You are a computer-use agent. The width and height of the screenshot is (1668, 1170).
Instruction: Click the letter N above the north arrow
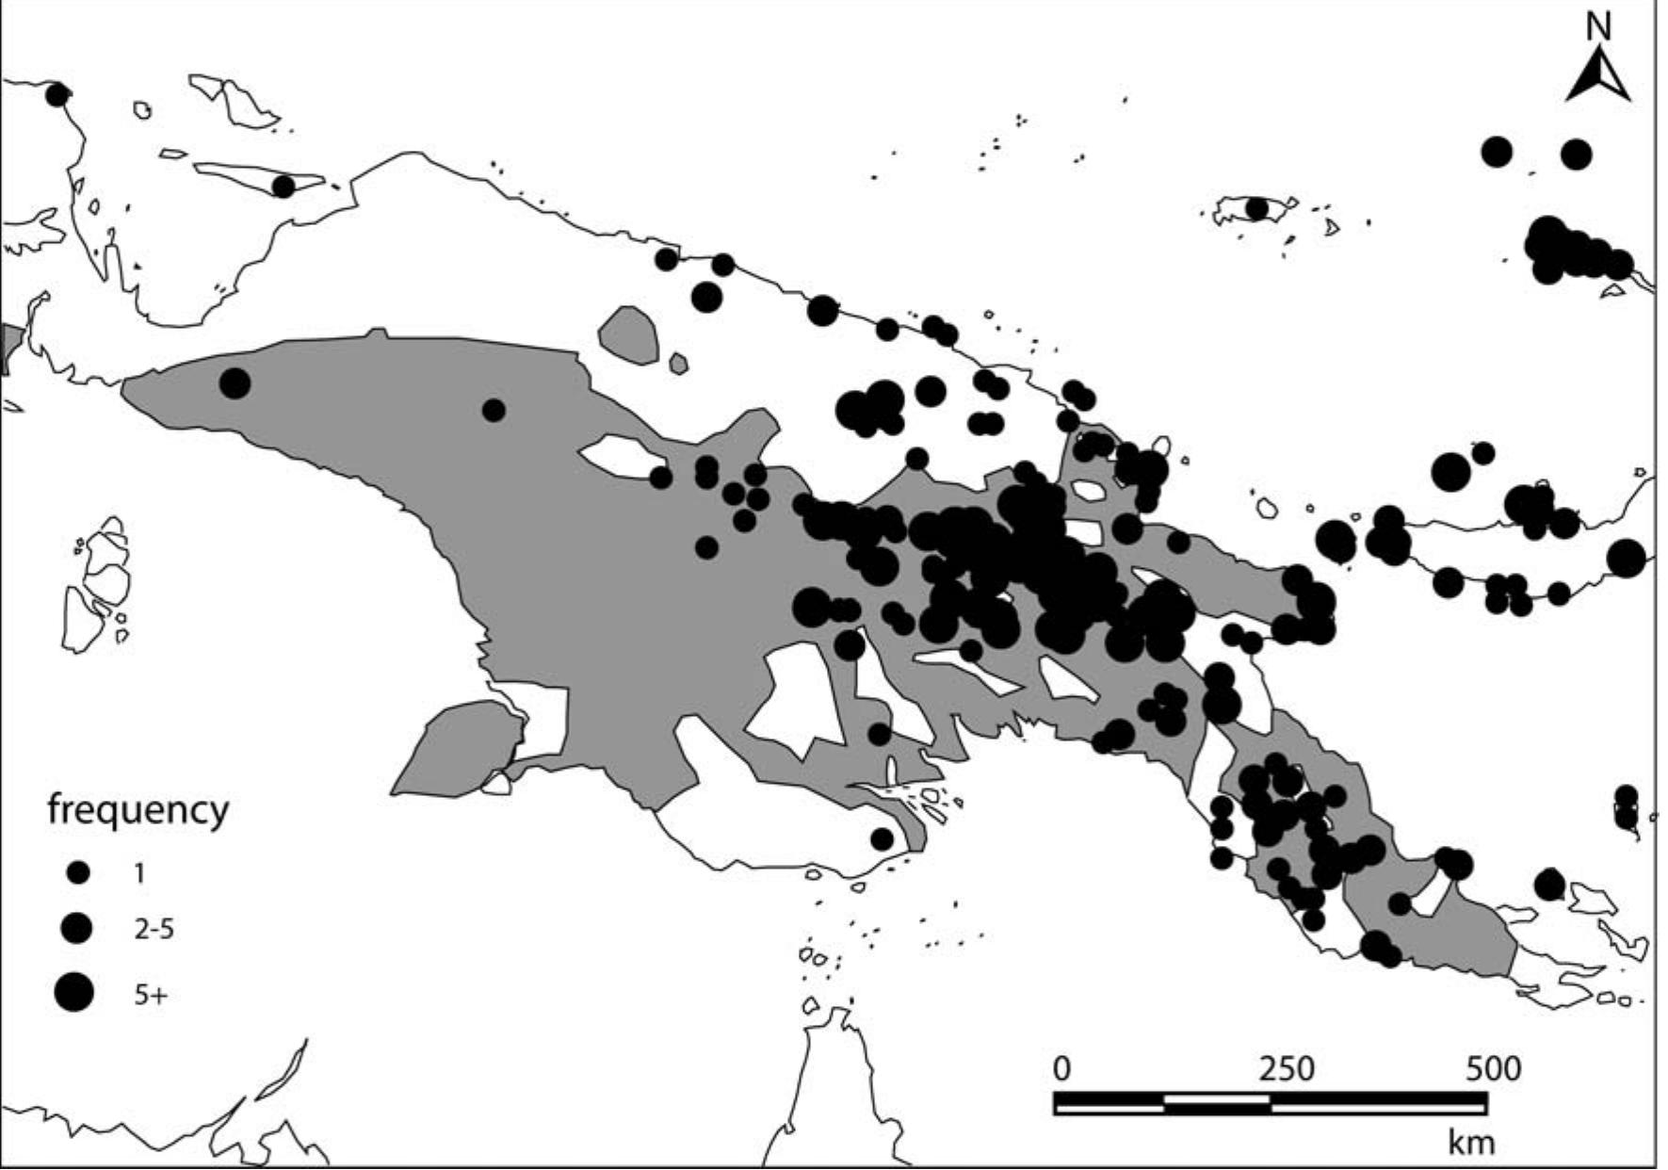tap(1598, 26)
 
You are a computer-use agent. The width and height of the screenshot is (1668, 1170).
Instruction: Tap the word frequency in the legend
tap(138, 809)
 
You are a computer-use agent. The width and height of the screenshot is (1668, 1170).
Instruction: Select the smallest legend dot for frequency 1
tap(78, 873)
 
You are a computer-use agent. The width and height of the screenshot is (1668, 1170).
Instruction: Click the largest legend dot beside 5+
tap(74, 992)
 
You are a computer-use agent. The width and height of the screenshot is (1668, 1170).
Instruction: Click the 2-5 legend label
tap(154, 930)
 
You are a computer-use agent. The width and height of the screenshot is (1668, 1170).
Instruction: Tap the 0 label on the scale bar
tap(1061, 1068)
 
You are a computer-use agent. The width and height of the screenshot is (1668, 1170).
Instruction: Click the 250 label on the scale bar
tap(1287, 1068)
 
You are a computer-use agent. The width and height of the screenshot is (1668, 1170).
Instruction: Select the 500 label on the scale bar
tap(1493, 1068)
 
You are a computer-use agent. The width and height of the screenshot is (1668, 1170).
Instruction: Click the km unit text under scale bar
tap(1471, 1143)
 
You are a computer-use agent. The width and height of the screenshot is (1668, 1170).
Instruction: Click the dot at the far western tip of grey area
tap(235, 383)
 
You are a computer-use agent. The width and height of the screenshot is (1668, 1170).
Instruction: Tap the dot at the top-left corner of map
tap(57, 94)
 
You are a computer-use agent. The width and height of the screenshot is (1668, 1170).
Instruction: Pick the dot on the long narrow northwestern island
tap(283, 187)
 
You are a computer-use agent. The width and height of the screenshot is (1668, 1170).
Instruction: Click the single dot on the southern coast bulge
tap(882, 838)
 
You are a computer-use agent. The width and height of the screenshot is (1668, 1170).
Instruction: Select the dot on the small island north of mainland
tap(1256, 208)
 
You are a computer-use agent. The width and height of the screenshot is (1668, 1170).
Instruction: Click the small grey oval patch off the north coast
tap(629, 334)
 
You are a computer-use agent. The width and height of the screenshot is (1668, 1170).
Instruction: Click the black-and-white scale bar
tap(1270, 1103)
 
